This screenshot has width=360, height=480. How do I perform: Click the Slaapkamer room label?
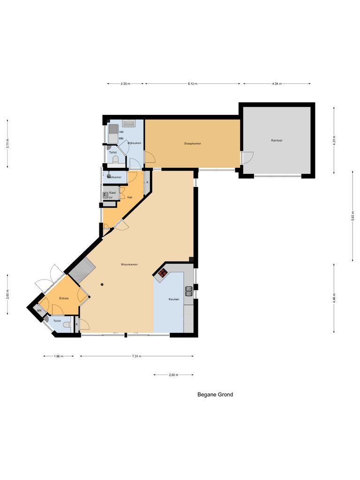click(193, 143)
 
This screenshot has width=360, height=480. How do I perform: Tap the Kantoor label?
click(277, 140)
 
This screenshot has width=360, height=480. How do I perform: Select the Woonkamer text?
click(129, 264)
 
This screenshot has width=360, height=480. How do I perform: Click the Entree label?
click(64, 298)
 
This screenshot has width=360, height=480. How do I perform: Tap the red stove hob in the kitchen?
click(163, 272)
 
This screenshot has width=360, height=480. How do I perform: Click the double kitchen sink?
click(188, 292)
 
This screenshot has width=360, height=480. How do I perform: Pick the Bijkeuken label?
click(135, 142)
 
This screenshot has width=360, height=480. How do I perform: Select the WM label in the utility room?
click(121, 139)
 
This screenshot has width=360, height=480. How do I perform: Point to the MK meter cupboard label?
click(40, 311)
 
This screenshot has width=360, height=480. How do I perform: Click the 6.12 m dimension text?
click(193, 83)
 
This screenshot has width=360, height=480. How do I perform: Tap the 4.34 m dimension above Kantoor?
click(277, 83)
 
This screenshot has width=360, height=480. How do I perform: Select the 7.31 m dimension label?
click(136, 356)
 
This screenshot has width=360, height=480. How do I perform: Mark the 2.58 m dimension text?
click(173, 375)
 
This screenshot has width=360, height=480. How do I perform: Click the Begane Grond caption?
click(215, 395)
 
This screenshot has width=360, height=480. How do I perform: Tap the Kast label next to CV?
click(112, 193)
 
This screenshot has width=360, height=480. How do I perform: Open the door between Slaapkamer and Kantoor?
click(247, 158)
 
